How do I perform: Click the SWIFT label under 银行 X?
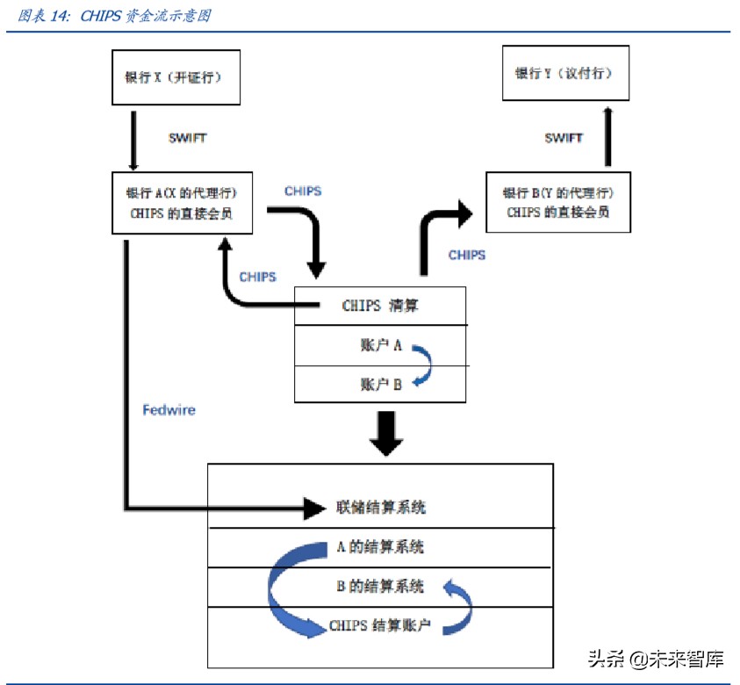click(x=187, y=139)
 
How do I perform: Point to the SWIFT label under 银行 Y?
click(x=563, y=138)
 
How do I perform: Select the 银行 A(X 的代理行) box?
click(x=183, y=203)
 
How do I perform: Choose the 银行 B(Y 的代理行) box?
click(x=557, y=202)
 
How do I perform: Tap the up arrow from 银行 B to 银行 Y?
click(x=607, y=136)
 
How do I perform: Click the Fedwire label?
click(x=169, y=409)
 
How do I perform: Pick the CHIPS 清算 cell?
click(x=379, y=306)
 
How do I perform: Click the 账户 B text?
click(x=379, y=384)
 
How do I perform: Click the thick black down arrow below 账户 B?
click(x=385, y=432)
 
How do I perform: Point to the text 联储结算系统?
click(x=380, y=507)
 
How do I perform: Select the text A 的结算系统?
click(x=380, y=546)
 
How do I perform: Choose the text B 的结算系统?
click(x=380, y=586)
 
